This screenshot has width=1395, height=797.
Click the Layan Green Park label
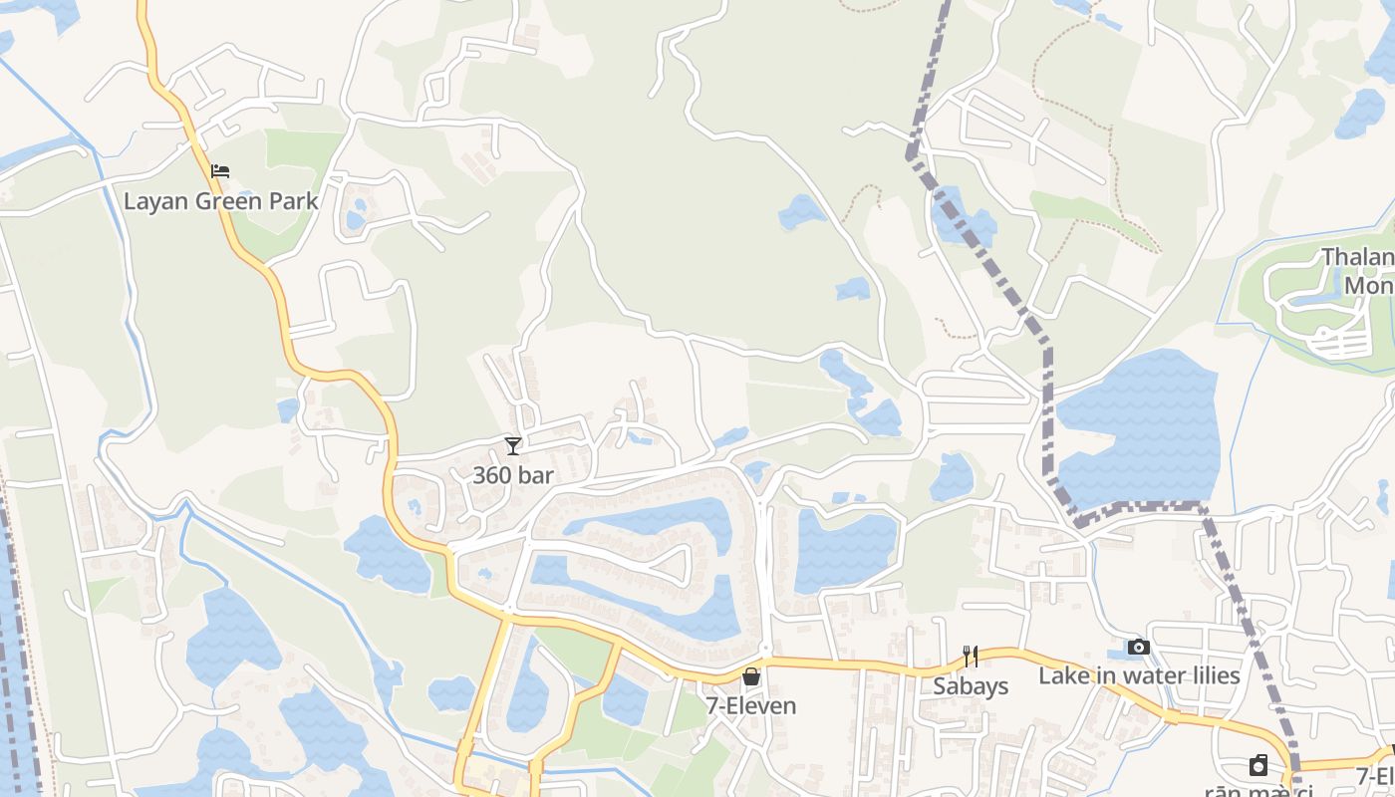point(220,201)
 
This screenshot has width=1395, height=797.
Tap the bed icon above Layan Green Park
point(220,171)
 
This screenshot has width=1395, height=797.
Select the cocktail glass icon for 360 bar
point(513,446)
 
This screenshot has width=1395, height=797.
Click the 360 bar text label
point(512,475)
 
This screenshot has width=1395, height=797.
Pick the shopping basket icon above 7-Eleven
point(751,676)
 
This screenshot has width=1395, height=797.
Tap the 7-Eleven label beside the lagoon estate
point(751,706)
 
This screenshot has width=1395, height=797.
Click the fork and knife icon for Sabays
point(971,657)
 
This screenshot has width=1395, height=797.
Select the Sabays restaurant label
point(971,686)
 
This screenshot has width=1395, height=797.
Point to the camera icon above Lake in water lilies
point(1139,648)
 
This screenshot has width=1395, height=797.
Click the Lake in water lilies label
point(1139,676)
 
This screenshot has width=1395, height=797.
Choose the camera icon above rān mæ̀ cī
point(1258,765)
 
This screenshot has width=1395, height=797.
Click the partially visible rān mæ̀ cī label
point(1257,791)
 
